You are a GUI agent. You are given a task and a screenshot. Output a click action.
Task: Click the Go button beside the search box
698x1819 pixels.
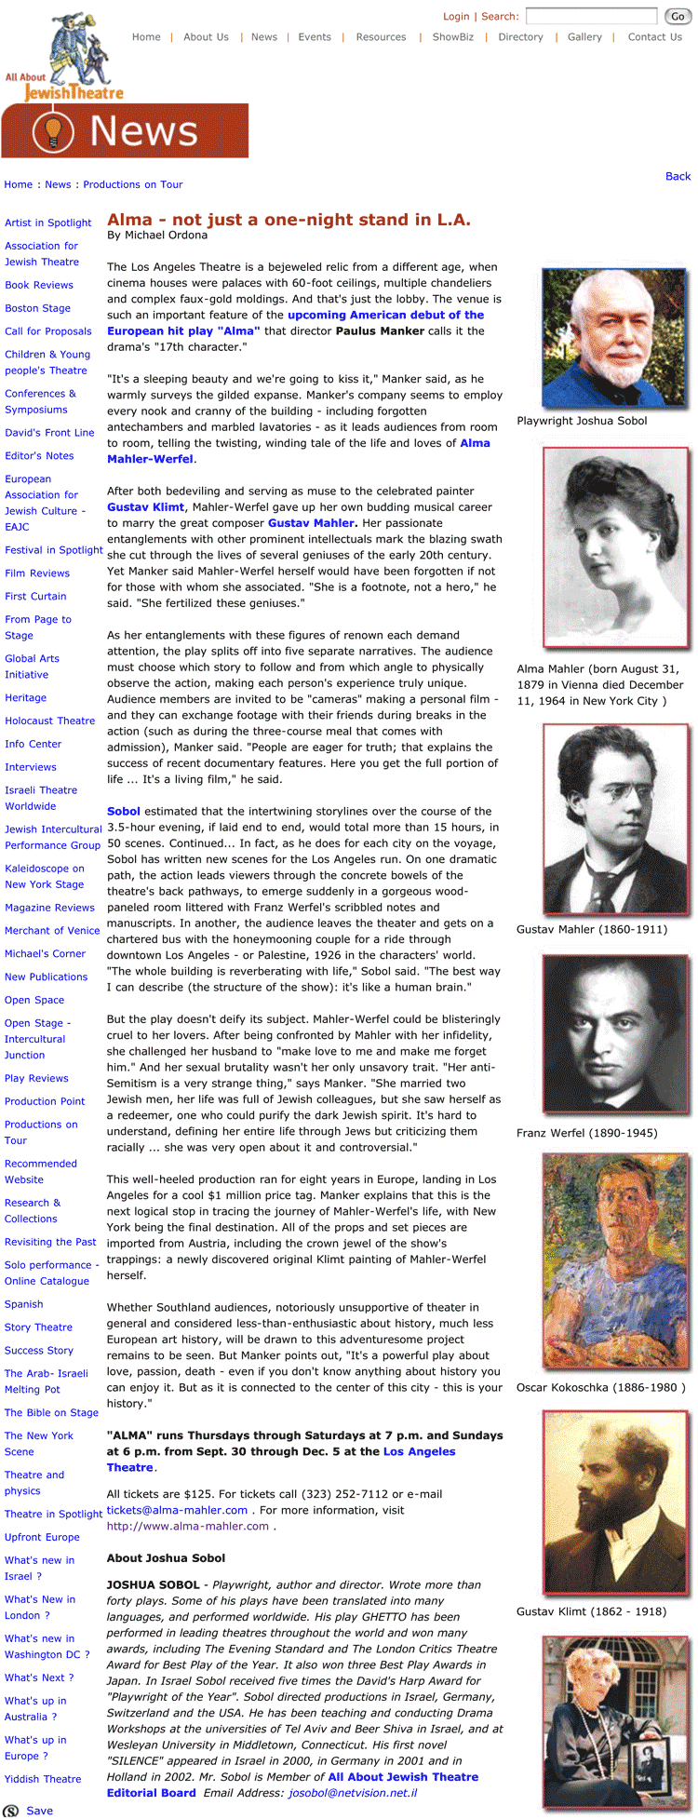(677, 16)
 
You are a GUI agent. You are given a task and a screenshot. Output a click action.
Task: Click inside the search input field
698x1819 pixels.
(591, 16)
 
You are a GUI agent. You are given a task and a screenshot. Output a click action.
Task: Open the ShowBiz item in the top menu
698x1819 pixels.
(453, 37)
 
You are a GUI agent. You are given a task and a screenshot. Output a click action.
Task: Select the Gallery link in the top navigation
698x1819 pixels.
(584, 37)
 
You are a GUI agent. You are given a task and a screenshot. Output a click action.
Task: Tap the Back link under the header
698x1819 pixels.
(678, 176)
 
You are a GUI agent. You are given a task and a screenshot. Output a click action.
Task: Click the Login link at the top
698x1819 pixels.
(456, 16)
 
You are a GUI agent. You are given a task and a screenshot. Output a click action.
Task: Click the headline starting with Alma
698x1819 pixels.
(289, 220)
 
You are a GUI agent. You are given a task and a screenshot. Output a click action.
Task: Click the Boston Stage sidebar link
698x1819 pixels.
(37, 308)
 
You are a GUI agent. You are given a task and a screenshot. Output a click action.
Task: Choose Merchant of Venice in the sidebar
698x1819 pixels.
(52, 930)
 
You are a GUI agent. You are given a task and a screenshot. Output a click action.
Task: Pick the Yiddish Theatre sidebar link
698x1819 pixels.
(43, 1779)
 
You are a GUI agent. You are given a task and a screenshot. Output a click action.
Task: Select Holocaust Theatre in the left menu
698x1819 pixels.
(49, 721)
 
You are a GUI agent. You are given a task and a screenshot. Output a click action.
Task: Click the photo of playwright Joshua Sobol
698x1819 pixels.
(613, 337)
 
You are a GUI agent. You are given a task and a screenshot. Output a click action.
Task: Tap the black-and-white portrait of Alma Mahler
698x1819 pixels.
(615, 548)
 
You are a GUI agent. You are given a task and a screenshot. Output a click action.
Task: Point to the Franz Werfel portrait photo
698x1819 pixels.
(615, 1035)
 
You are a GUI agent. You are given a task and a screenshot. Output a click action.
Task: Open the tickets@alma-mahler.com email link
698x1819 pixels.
(177, 1510)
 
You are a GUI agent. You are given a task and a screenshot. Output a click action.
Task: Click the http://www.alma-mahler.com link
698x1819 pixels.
(187, 1526)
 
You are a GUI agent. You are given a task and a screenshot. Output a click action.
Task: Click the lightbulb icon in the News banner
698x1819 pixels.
(52, 131)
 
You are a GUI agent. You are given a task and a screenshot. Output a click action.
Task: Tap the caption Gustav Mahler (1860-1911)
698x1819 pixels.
(591, 929)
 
